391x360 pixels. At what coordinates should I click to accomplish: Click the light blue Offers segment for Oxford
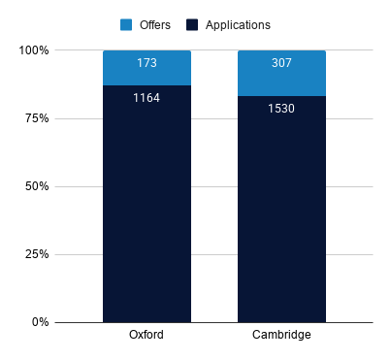point(147,68)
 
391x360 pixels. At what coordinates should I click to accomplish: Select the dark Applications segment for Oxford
point(147,204)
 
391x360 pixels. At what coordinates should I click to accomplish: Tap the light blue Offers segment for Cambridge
point(281,74)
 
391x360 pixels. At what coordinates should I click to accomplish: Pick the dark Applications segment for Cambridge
point(281,210)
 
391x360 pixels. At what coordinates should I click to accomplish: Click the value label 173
point(147,63)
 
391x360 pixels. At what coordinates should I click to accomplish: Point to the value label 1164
point(147,98)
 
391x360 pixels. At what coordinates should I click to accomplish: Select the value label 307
point(281,63)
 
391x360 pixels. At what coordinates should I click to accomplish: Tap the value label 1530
point(281,109)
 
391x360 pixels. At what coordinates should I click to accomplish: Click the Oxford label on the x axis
point(147,335)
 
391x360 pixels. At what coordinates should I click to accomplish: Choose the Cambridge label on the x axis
point(281,335)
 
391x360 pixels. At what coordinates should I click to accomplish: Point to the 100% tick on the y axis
point(34,50)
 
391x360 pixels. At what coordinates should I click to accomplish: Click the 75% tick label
point(37,118)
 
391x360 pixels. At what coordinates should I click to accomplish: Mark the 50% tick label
point(37,186)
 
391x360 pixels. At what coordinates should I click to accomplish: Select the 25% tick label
point(37,254)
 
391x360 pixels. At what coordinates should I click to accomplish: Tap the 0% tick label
point(41,322)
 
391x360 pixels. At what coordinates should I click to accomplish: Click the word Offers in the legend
point(155,25)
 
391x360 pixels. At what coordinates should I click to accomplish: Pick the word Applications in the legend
point(238,25)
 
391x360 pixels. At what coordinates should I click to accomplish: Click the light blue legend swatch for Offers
point(126,25)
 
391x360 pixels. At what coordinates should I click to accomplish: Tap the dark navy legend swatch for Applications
point(192,25)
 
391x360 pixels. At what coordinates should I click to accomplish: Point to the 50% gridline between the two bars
point(214,186)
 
